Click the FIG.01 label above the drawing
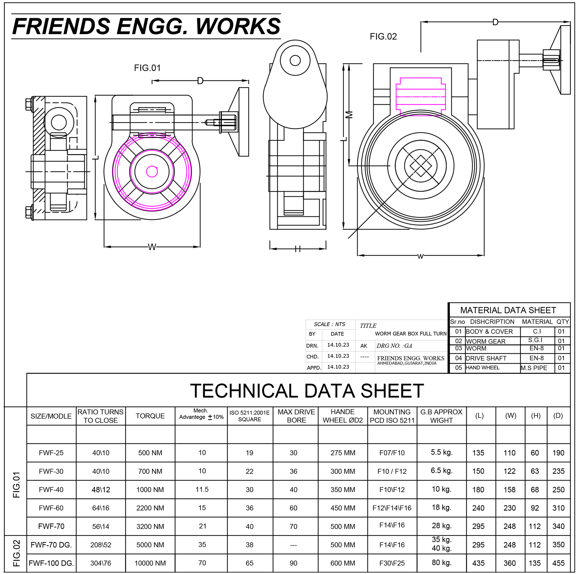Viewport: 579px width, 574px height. [x=147, y=68]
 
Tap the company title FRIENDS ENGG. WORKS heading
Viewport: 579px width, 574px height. [x=146, y=26]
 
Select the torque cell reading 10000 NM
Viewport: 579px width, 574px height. [x=150, y=563]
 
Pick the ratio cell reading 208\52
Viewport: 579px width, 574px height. [x=101, y=545]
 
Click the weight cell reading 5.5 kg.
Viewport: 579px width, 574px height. [x=442, y=452]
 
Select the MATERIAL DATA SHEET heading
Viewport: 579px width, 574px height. [x=508, y=310]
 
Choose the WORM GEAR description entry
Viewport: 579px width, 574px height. [x=486, y=341]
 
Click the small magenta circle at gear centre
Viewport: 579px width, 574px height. [x=152, y=172]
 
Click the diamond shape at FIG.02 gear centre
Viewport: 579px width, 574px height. [x=420, y=166]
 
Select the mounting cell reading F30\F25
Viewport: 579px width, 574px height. [x=392, y=563]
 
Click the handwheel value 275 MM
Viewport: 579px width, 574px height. [x=343, y=453]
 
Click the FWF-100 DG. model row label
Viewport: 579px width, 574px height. [x=51, y=563]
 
